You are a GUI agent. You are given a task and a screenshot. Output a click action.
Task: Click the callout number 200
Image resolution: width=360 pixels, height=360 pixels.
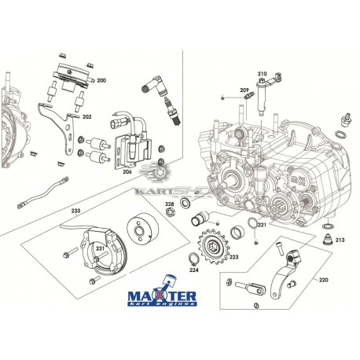[102, 81]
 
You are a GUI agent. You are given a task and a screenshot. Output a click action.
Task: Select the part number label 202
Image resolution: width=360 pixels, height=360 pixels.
[87, 117]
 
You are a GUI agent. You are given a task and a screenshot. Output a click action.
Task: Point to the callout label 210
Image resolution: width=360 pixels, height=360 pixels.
[262, 74]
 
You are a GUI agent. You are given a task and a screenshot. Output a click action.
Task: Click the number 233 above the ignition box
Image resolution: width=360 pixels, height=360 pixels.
[75, 211]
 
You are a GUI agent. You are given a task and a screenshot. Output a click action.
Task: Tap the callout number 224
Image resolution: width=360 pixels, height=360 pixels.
[195, 270]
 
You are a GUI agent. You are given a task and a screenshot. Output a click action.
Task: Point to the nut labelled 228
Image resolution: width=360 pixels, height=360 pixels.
[170, 217]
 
